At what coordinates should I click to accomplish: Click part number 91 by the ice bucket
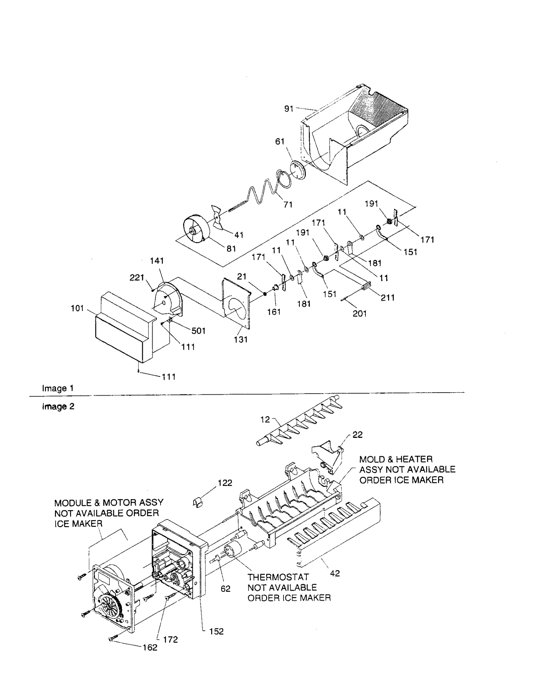click(288, 109)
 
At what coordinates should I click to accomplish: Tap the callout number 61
click(280, 142)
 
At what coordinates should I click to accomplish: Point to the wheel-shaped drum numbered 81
click(196, 229)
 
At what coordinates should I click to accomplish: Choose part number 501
click(198, 331)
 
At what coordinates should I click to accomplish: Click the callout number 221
click(137, 277)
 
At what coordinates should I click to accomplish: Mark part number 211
click(388, 297)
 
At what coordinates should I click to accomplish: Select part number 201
click(360, 313)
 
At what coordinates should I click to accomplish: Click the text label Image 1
click(58, 388)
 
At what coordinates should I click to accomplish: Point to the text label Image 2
click(58, 407)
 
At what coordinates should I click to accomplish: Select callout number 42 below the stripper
click(335, 573)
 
